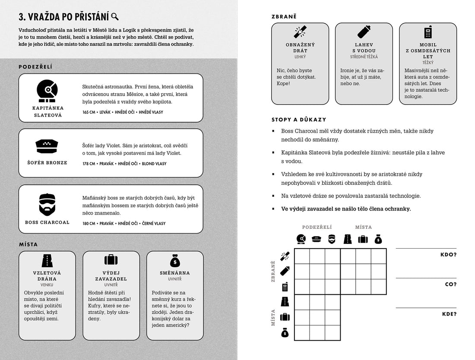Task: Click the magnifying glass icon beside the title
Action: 115,17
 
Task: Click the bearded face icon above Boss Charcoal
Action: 47,204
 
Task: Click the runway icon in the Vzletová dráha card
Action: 47,261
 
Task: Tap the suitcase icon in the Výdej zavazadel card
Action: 111,260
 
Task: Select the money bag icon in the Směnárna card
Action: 175,260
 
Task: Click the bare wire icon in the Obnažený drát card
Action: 300,32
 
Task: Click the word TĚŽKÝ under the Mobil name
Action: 428,63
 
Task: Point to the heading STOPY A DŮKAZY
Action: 299,120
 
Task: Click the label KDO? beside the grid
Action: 448,255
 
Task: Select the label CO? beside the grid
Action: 450,284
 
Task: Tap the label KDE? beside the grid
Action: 449,314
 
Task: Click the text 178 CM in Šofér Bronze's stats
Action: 89,164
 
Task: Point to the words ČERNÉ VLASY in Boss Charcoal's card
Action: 154,223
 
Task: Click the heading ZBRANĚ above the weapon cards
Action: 284,16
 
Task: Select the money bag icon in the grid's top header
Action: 378,239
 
